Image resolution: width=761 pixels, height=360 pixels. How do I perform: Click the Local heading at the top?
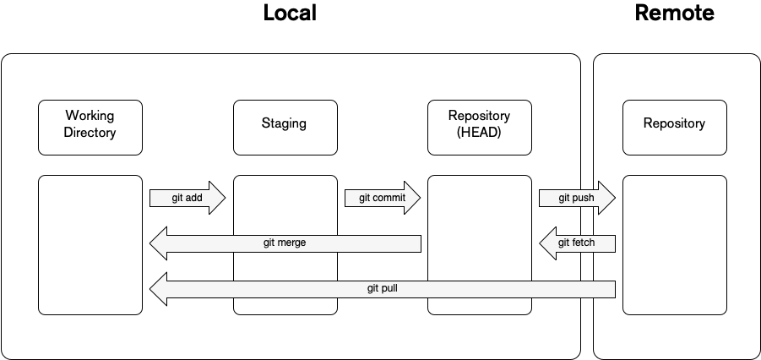point(290,14)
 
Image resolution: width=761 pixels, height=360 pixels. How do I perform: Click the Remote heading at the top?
point(674,14)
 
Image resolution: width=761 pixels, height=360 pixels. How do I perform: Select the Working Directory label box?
point(90,128)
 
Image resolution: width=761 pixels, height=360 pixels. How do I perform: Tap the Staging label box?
point(285,128)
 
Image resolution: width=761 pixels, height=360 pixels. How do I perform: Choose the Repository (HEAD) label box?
point(480,128)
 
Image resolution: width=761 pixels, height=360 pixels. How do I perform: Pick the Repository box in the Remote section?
point(674,128)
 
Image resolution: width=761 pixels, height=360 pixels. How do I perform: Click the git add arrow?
point(187,199)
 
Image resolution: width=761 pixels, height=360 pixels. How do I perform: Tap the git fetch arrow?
point(577,243)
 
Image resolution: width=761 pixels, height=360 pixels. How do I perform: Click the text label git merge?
point(285,243)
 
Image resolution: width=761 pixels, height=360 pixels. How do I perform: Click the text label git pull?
point(382,289)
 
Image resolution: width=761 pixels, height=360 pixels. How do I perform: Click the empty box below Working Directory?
point(90,245)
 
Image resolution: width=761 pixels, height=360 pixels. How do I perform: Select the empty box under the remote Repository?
point(674,245)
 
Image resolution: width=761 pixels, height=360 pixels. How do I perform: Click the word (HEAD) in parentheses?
point(480,132)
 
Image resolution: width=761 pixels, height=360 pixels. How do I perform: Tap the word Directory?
point(90,133)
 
